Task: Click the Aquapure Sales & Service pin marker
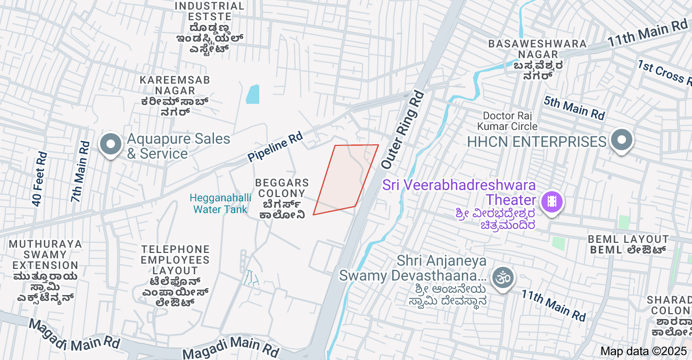111,144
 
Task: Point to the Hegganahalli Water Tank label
220,203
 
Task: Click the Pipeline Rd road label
275,148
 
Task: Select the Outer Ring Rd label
403,129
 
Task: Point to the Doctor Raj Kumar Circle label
507,121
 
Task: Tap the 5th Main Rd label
574,107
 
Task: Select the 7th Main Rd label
80,171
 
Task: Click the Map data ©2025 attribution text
644,351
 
